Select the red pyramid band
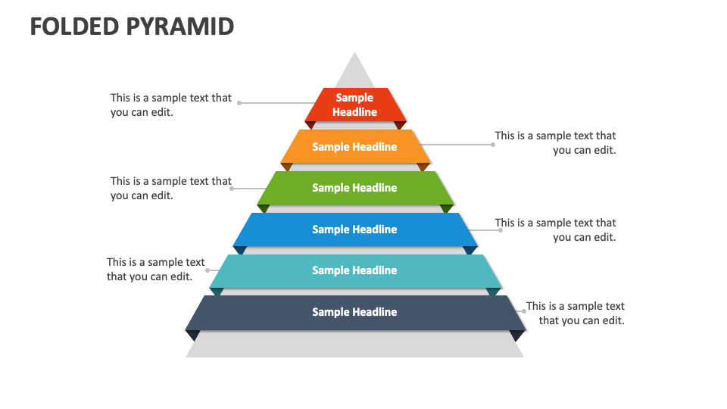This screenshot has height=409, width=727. click(355, 105)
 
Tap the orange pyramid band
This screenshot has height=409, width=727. click(355, 147)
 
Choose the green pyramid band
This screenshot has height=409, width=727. click(355, 188)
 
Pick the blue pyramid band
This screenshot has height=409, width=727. click(355, 229)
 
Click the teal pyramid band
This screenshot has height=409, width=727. click(355, 270)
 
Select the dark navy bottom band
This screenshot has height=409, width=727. click(355, 312)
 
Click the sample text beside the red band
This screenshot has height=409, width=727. click(171, 105)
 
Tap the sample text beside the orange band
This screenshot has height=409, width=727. click(556, 142)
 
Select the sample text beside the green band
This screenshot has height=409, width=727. click(171, 188)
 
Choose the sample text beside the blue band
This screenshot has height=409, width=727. click(556, 229)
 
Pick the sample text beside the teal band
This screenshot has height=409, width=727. click(155, 269)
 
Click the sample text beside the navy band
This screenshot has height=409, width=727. click(576, 313)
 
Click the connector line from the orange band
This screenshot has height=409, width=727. click(454, 144)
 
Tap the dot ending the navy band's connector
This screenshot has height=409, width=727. click(523, 311)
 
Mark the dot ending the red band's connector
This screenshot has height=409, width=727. click(240, 103)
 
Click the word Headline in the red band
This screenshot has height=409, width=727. click(354, 112)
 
